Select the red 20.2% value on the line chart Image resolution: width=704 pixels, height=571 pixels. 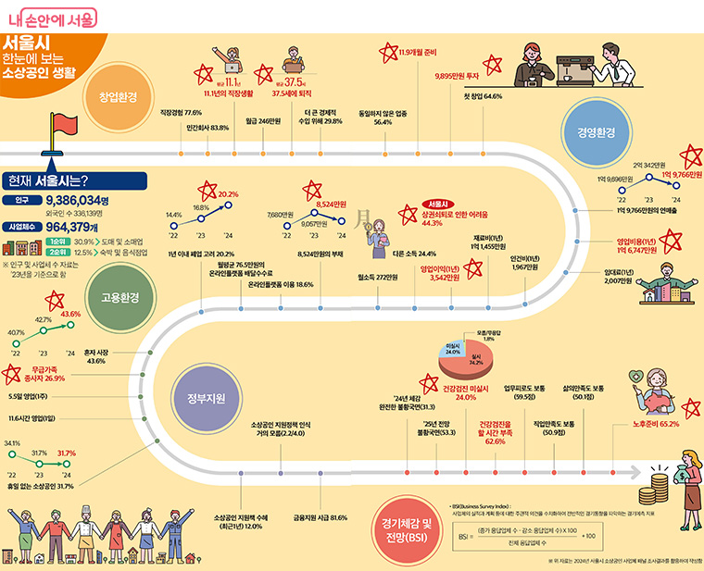tap(228, 193)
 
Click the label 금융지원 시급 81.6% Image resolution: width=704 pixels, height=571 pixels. tap(320, 517)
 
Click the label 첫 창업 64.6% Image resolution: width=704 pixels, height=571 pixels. tap(482, 95)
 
